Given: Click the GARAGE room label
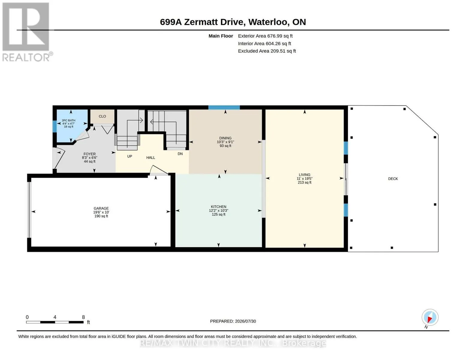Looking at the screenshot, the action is pos(101,208).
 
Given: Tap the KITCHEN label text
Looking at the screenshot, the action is pos(218,206).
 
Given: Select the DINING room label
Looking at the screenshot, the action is pos(225,138).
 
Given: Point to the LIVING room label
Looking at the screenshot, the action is pos(305,175).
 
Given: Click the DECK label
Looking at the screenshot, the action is pos(393,178).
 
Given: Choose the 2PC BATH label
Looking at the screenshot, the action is pos(69,121).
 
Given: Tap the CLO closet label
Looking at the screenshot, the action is pos(102,116).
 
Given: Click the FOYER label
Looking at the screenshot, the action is pos(90,154).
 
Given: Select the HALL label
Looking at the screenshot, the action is pos(151,157).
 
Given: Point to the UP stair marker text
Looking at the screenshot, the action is pos(130,156).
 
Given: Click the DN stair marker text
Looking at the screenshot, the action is pos(180,154).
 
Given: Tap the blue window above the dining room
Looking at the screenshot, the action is pos(224,107).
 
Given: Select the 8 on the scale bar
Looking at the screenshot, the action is pos(83,317).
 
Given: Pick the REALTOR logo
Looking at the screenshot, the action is pos(27,32).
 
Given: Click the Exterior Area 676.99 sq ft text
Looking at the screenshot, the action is pos(265,36).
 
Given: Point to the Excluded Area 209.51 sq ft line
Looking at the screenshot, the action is pos(267,51).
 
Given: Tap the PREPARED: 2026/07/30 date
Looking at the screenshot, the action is pos(233,321).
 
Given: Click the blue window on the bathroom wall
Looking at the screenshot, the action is pos(55,127).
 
